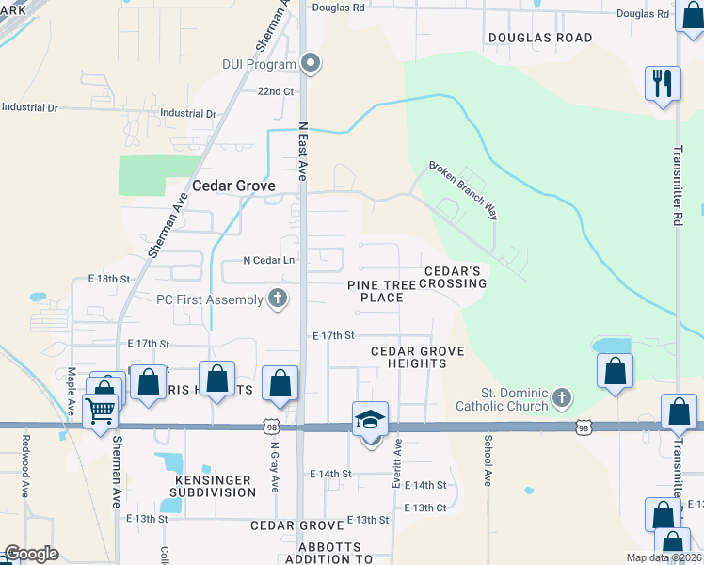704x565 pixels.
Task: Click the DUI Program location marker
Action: tap(312, 64)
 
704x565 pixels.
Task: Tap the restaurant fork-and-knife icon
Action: tap(663, 82)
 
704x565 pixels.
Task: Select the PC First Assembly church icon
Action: tap(277, 299)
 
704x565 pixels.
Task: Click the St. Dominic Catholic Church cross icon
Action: tap(562, 396)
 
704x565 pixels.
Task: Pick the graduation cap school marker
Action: tap(370, 419)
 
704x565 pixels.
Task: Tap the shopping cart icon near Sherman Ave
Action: tap(101, 410)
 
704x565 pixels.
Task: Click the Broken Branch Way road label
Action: tap(462, 188)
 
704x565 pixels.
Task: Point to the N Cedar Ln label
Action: tap(269, 260)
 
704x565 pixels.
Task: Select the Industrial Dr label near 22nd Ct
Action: tap(188, 114)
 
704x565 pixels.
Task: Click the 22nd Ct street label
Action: tap(277, 91)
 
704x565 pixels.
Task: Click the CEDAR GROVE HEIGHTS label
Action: tap(417, 357)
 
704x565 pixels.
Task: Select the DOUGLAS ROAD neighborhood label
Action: tap(540, 38)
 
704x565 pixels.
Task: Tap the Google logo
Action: tap(31, 554)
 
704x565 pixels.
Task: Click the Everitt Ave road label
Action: tap(397, 462)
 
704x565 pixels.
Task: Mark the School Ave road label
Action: tap(488, 460)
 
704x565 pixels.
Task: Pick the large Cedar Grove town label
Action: tap(233, 186)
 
